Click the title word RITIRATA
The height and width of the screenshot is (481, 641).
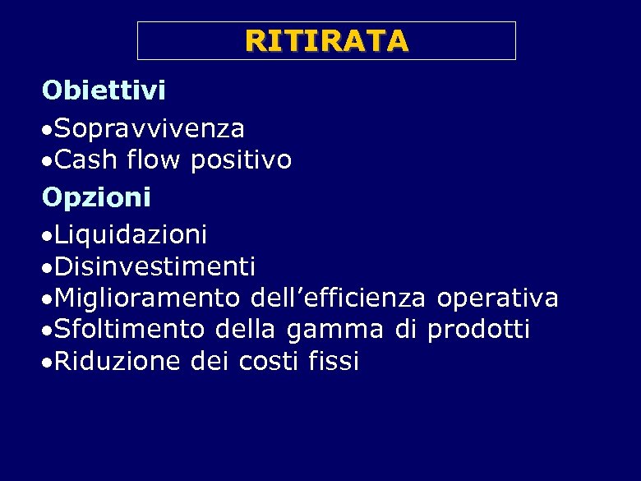point(326,40)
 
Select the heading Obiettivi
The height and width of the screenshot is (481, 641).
point(104,90)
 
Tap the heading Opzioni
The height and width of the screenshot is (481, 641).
point(97,197)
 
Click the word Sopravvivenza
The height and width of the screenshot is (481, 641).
point(150,129)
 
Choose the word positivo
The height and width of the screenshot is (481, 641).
point(241,160)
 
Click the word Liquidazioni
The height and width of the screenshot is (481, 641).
point(131,236)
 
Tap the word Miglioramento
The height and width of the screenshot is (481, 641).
point(148,298)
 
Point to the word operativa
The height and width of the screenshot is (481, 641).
point(498,298)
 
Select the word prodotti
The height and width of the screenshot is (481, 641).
point(478,330)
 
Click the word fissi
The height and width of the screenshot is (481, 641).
point(335,361)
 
